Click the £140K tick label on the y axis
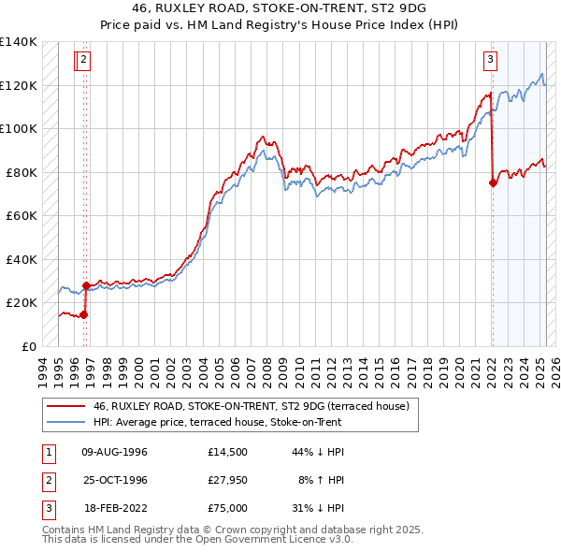point(18,42)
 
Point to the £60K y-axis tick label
point(22,215)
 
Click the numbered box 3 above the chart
point(490,61)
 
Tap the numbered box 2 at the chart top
point(83,61)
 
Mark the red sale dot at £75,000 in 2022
point(493,183)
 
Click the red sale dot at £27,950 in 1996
point(86,285)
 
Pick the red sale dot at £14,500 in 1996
point(83,314)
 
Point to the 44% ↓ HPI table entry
point(319,452)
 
